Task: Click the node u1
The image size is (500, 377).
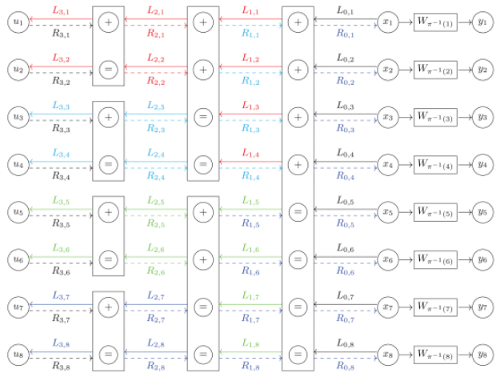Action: click(17, 23)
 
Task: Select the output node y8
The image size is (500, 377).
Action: click(480, 354)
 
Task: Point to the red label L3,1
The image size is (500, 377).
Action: click(60, 12)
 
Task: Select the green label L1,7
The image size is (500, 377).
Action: click(250, 295)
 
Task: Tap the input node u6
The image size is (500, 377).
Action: click(17, 259)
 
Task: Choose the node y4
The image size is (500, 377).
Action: click(480, 165)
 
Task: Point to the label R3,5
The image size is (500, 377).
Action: click(62, 223)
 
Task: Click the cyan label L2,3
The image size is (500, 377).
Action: click(156, 106)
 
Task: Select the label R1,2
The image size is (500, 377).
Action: click(250, 82)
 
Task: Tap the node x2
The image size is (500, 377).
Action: click(389, 70)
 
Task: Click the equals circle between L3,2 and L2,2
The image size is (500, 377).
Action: click(109, 70)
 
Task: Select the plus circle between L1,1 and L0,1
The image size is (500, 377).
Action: click(298, 23)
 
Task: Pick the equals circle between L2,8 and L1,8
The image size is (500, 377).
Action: click(203, 354)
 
